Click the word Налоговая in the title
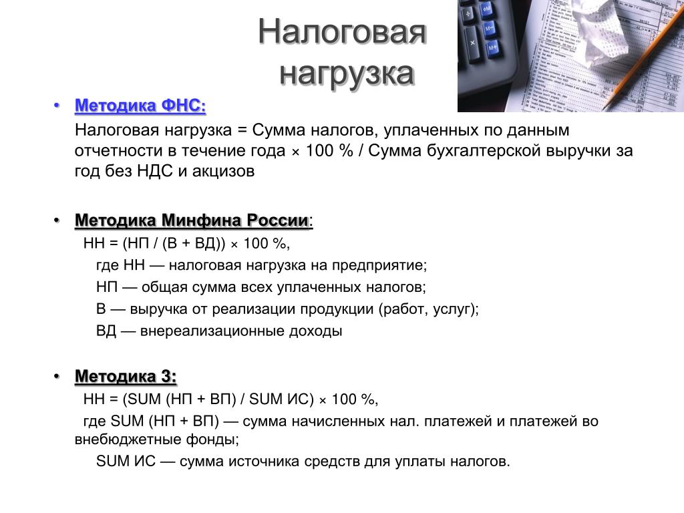[x=342, y=32]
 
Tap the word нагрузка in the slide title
[x=347, y=73]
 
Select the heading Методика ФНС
[x=140, y=106]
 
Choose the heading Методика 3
[x=126, y=376]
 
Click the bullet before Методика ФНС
[x=56, y=106]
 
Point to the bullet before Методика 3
[x=56, y=376]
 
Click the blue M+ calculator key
[x=492, y=48]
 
